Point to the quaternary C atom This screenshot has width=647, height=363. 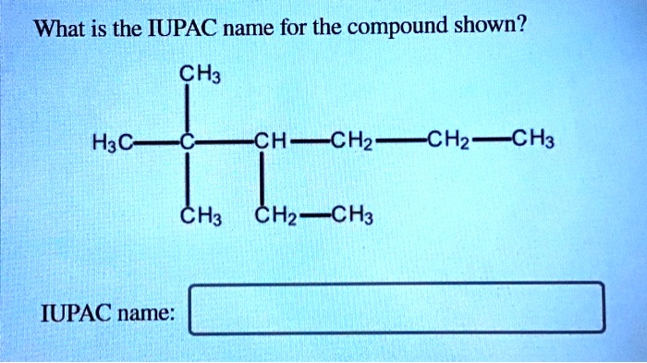188,143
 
